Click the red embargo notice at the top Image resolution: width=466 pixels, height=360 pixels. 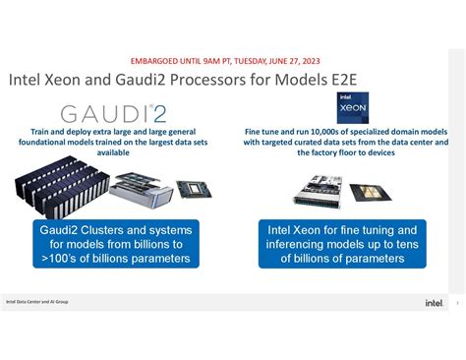pos(233,58)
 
